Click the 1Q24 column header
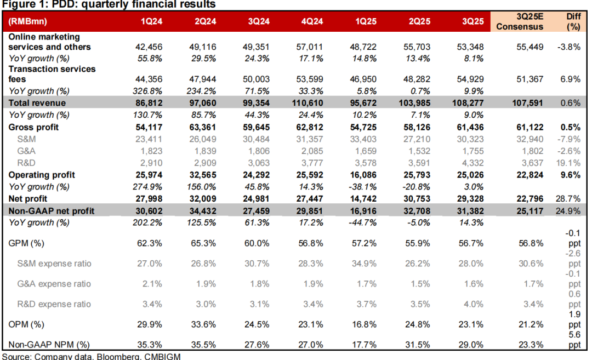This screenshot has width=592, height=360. pos(152,21)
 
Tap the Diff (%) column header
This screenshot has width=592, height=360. pos(573,21)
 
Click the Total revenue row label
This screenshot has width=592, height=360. pos(37,103)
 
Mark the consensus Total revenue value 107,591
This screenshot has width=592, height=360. pos(527,103)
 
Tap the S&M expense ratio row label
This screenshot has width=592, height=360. pos(53,264)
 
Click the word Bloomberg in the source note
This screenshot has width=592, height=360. pos(116,356)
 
